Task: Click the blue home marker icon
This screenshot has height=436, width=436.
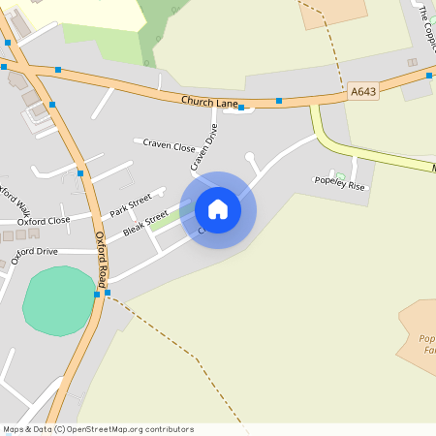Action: tap(218, 208)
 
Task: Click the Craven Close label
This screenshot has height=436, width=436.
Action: tap(169, 145)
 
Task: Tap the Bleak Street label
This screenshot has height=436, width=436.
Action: tap(145, 224)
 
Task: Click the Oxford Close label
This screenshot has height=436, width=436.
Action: tap(44, 221)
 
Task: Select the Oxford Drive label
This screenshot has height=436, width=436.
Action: tap(35, 252)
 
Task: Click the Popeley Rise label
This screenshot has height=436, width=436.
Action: tap(340, 181)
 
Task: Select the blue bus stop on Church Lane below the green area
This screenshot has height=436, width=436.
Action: tap(240, 108)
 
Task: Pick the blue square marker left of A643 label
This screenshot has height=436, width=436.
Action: tap(279, 101)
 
